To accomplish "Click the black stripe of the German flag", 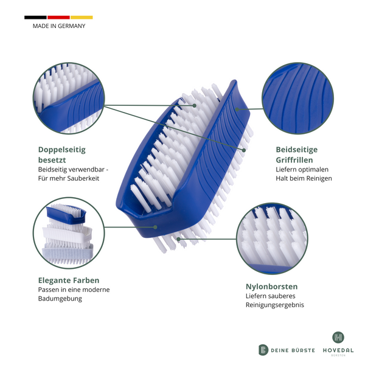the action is (x=35, y=18).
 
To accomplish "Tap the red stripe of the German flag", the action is (x=58, y=18).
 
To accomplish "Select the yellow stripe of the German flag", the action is (x=82, y=18).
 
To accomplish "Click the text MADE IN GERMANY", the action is (x=59, y=26).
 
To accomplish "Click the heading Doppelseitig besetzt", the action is (x=62, y=155).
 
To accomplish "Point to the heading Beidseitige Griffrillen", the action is (x=297, y=155).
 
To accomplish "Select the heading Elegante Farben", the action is (x=69, y=280).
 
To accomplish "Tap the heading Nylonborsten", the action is (x=272, y=287).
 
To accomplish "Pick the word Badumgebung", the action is (x=60, y=299).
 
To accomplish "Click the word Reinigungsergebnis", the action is (x=275, y=305).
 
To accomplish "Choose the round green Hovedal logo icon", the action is (x=338, y=337).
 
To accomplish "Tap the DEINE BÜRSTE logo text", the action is (x=293, y=350).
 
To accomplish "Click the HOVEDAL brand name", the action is (x=338, y=350).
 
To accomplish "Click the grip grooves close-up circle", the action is (x=297, y=98).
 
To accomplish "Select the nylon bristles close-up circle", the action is (x=272, y=238).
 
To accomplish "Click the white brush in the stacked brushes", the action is (x=68, y=234).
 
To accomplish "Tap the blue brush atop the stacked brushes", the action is (x=66, y=214).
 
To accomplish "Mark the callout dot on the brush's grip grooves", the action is (x=237, y=109).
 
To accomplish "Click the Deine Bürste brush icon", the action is (x=263, y=350).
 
